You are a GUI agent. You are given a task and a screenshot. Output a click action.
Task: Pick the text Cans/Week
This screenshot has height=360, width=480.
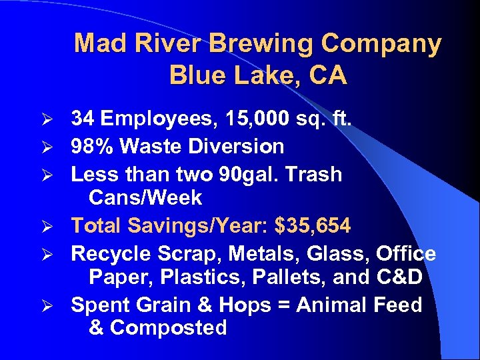[145, 198]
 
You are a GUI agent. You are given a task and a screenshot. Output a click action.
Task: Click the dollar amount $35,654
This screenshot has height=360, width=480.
[311, 226]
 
